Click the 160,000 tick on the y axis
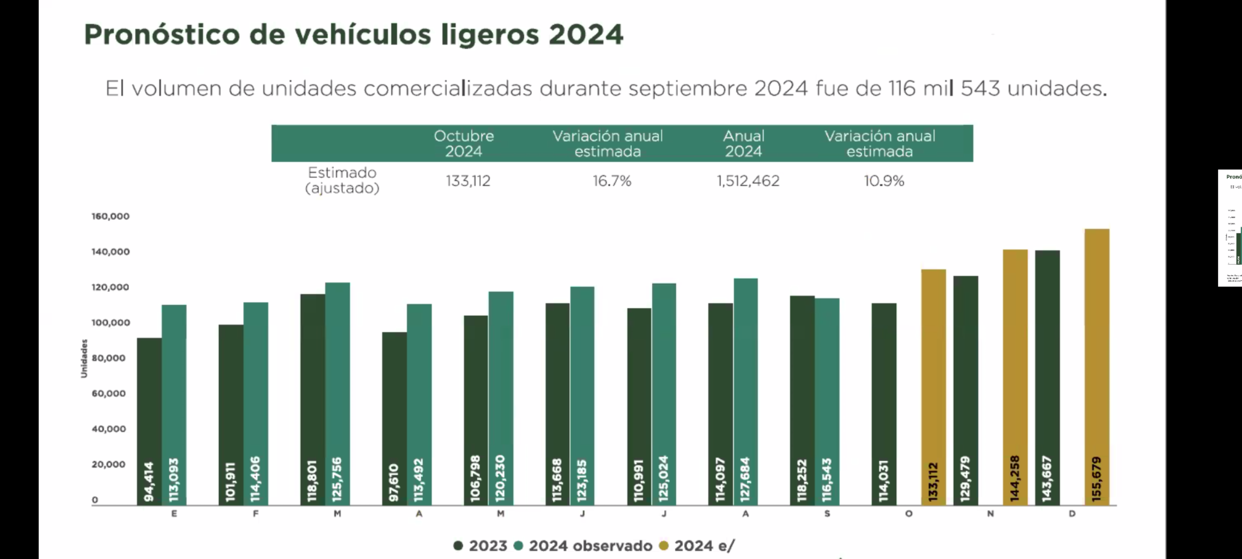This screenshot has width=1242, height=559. (110, 216)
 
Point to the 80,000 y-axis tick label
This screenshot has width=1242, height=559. (109, 358)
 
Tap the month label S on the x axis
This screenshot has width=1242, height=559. (827, 514)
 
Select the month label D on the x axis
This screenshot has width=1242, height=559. (1072, 514)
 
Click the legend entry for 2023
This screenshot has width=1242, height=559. (480, 546)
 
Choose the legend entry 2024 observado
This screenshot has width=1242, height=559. (583, 546)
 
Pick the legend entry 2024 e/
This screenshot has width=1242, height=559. (697, 546)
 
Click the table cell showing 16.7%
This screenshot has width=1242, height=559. (612, 181)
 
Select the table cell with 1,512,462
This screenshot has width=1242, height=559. (748, 181)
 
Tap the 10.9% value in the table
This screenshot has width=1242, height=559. (884, 181)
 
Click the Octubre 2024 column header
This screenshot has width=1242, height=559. (464, 143)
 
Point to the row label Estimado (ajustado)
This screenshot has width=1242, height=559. (342, 180)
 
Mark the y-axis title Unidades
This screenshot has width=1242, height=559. (84, 358)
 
